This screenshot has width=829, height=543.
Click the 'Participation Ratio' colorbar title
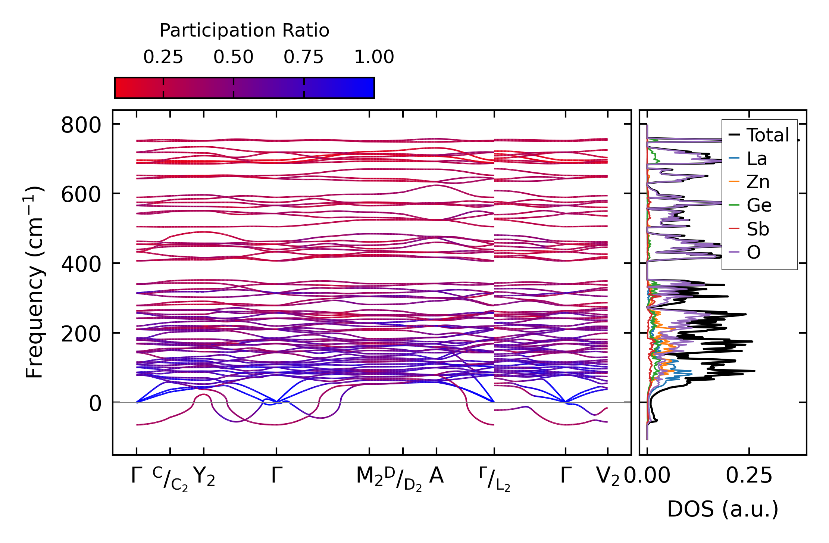pyautogui.click(x=244, y=31)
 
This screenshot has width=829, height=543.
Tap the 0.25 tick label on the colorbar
pyautogui.click(x=163, y=57)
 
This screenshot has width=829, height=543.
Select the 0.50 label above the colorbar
pyautogui.click(x=233, y=57)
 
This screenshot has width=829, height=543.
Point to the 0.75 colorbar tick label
pyautogui.click(x=303, y=57)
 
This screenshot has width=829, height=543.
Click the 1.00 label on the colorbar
pyautogui.click(x=374, y=57)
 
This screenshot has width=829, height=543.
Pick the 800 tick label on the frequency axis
pyautogui.click(x=81, y=125)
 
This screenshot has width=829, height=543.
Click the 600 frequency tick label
pyautogui.click(x=81, y=194)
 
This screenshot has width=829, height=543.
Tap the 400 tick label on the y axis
pyautogui.click(x=81, y=264)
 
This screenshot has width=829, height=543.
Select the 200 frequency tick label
pyautogui.click(x=81, y=334)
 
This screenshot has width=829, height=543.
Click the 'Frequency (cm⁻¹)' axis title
pyautogui.click(x=34, y=282)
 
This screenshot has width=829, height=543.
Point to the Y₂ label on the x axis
pyautogui.click(x=204, y=477)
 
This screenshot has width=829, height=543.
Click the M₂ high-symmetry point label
pyautogui.click(x=369, y=477)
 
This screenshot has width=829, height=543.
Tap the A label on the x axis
pyautogui.click(x=436, y=476)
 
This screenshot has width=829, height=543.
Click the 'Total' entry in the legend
pyautogui.click(x=767, y=135)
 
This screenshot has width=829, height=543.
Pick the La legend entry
pyautogui.click(x=757, y=159)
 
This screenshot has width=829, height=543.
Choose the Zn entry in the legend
pyautogui.click(x=758, y=182)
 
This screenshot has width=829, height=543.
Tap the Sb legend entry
pyautogui.click(x=758, y=229)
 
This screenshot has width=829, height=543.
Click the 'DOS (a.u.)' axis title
pyautogui.click(x=723, y=509)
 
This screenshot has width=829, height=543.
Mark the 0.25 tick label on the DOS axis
pyautogui.click(x=749, y=476)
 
